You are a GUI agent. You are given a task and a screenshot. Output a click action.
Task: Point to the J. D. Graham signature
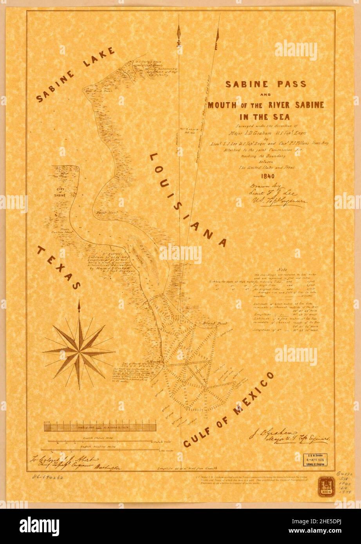click(x=288, y=436)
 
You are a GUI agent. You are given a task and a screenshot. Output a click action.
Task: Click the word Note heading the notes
click(x=282, y=270)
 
